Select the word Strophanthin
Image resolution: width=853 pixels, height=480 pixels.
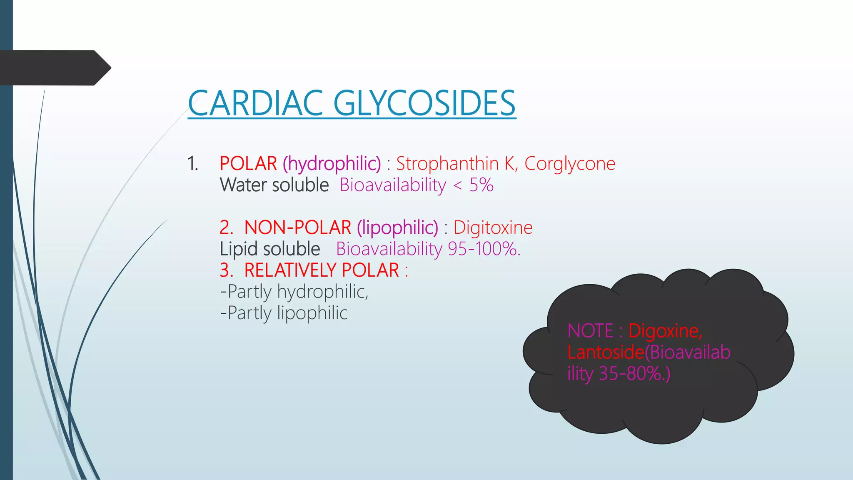447,163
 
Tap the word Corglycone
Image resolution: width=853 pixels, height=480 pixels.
569,163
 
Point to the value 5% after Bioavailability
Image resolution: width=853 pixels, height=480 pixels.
481,185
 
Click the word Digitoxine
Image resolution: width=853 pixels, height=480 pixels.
493,227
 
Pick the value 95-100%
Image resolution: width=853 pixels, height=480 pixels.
483,249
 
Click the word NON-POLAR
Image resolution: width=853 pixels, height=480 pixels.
297,227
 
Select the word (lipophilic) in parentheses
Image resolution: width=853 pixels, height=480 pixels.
397,227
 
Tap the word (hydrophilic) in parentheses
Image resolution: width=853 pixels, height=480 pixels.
332,163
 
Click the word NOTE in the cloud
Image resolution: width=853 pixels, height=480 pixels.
590,331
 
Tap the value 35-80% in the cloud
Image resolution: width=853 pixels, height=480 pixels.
633,373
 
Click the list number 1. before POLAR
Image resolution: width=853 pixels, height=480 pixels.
192,163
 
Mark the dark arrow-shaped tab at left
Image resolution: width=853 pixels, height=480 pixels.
54,67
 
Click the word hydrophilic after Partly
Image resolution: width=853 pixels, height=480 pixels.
323,292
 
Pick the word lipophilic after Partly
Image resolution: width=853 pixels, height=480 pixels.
312,313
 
